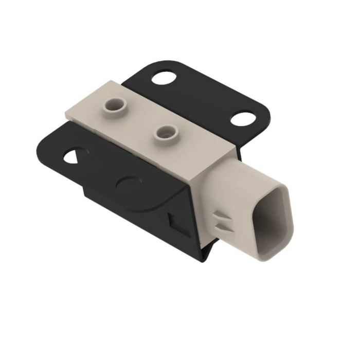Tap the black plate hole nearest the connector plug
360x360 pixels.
point(243,118)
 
